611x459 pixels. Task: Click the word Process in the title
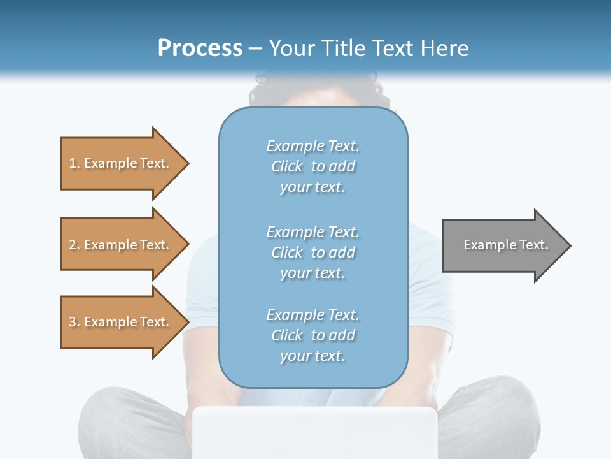coord(200,48)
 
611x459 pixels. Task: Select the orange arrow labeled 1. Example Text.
coord(121,163)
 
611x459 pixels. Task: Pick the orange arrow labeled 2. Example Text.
coord(121,245)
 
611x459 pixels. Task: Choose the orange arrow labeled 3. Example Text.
coord(121,322)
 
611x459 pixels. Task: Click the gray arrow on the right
coord(503,245)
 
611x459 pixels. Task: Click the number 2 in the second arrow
coord(73,245)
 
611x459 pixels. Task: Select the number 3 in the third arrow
coord(73,322)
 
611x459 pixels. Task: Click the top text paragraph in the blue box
coord(313,166)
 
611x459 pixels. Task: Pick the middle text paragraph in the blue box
coord(313,252)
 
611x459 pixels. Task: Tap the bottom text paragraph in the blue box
coord(313,335)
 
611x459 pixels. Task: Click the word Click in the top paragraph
coord(287,166)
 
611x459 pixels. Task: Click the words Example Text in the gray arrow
coord(505,245)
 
